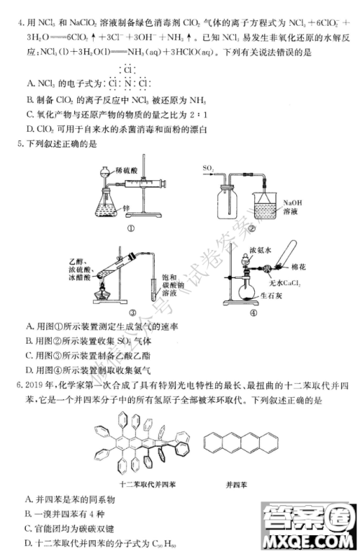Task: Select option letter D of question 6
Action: pyautogui.click(x=28, y=542)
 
